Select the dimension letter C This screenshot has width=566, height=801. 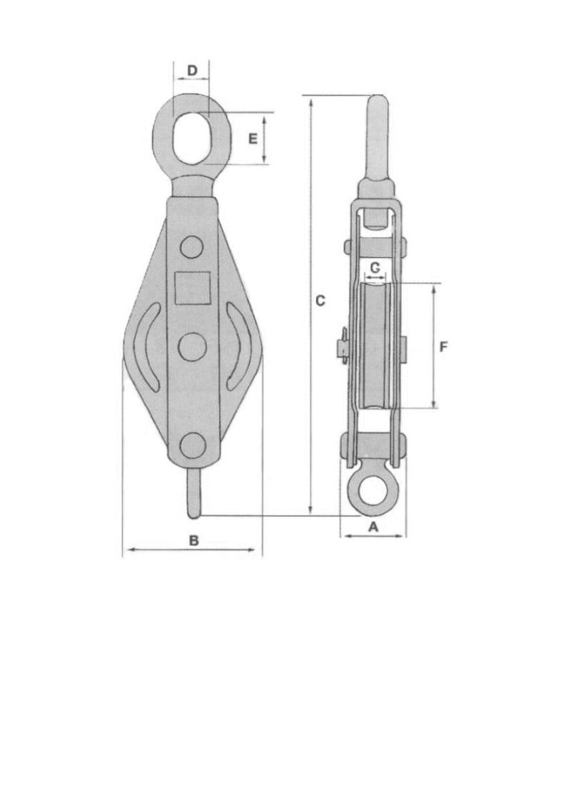coord(320,301)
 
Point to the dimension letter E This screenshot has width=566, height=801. coord(253,138)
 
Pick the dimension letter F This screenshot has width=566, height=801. coord(443,347)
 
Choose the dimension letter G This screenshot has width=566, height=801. coord(375,266)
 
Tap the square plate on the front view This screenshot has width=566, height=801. coord(193,288)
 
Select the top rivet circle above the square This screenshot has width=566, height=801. coord(191,247)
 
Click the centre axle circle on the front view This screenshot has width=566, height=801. coord(192,347)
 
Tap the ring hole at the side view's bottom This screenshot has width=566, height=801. coord(372,492)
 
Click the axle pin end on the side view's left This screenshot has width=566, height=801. coord(341,348)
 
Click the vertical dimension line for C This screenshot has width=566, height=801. coord(310,214)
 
